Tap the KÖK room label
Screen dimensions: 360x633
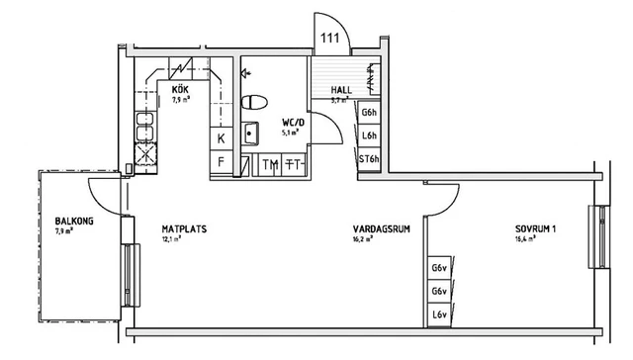(181, 90)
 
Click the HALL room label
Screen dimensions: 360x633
(341, 90)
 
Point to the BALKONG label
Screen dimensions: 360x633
(74, 222)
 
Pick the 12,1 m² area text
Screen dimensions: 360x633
(172, 238)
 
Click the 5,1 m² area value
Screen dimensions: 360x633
(291, 132)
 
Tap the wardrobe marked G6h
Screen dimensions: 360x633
(369, 114)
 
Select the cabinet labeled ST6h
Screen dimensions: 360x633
(369, 158)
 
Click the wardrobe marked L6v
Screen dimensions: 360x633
(437, 316)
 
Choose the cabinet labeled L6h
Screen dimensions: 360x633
(369, 136)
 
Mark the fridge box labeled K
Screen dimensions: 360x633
(221, 137)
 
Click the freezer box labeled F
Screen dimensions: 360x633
(221, 161)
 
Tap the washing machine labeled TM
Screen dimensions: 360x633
(270, 164)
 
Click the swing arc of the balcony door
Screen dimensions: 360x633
(99, 186)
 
